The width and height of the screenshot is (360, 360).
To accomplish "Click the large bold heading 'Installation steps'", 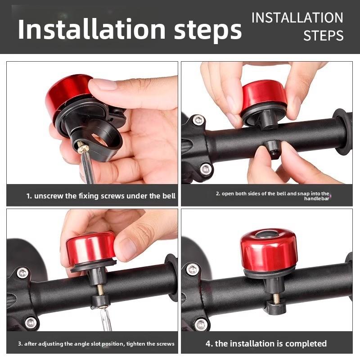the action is (130, 29).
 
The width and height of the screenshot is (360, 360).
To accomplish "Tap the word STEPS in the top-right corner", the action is (323, 36).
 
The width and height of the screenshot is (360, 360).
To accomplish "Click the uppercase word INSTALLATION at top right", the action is (297, 18).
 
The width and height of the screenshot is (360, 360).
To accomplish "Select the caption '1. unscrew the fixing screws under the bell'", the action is (101, 196).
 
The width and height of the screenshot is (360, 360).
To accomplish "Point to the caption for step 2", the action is (273, 196).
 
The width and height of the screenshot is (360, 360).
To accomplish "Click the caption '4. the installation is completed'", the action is (266, 343).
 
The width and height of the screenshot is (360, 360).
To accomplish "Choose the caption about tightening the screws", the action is (96, 344).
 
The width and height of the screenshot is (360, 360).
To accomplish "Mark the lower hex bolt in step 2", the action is (206, 170).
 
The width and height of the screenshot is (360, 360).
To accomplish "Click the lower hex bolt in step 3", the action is (31, 323).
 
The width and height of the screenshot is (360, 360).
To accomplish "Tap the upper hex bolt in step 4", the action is (193, 269).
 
